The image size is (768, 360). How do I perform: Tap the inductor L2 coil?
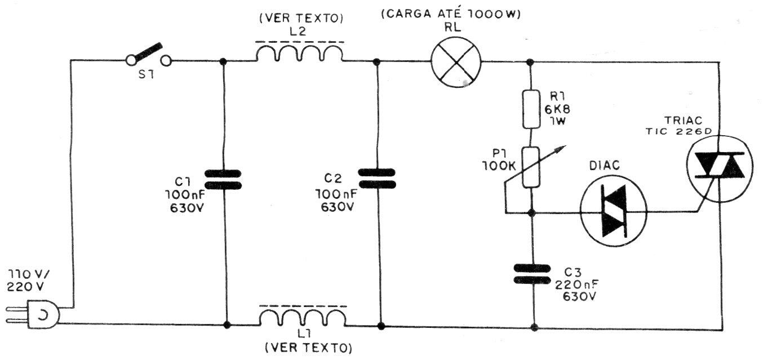pyautogui.click(x=300, y=54)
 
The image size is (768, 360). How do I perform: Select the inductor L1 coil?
pyautogui.click(x=303, y=317)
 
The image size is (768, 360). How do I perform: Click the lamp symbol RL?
pyautogui.click(x=456, y=62)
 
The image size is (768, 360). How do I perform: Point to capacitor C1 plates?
pyautogui.click(x=223, y=179)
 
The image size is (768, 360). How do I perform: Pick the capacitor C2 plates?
pyautogui.click(x=378, y=179)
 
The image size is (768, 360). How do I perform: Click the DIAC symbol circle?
pyautogui.click(x=614, y=211)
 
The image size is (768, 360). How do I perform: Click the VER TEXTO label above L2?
pyautogui.click(x=300, y=18)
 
